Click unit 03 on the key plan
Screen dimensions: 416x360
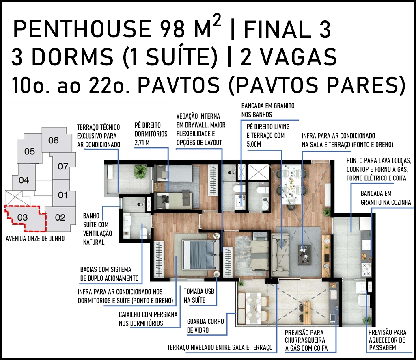pyautogui.click(x=23, y=218)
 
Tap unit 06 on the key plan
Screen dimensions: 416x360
pyautogui.click(x=54, y=140)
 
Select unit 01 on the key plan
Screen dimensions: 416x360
pyautogui.click(x=63, y=195)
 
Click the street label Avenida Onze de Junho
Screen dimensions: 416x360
pyautogui.click(x=35, y=239)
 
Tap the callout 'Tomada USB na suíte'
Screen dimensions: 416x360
pyautogui.click(x=199, y=296)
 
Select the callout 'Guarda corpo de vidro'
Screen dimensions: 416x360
pyautogui.click(x=205, y=326)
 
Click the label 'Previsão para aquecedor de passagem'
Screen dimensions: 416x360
pyautogui.click(x=387, y=340)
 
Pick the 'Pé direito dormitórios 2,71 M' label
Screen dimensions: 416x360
pyautogui.click(x=151, y=134)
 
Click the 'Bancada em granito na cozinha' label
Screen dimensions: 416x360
pyautogui.click(x=386, y=197)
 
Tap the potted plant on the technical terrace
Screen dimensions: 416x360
pyautogui.click(x=140, y=171)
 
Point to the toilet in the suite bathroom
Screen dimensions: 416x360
pyautogui.click(x=144, y=233)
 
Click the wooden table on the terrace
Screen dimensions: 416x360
pyautogui.click(x=307, y=311)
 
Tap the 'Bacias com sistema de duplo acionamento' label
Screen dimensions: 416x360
pyautogui.click(x=109, y=273)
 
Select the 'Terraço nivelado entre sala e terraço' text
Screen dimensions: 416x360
pyautogui.click(x=220, y=347)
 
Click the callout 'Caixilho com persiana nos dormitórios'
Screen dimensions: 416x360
pyautogui.click(x=148, y=319)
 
